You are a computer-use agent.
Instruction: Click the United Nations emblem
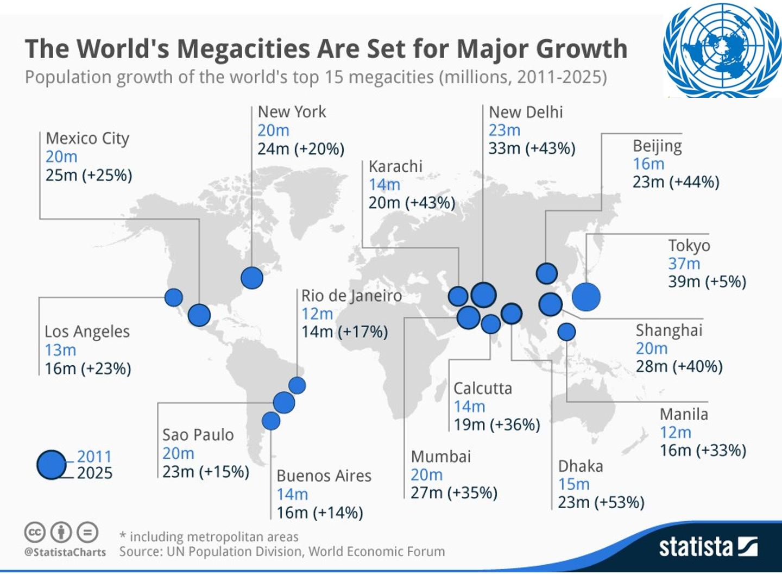click(722, 50)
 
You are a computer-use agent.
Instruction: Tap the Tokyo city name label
click(689, 246)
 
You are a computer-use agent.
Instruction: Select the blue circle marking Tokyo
click(586, 297)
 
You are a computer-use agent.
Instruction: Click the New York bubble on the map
click(252, 278)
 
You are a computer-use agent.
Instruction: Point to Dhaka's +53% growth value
click(622, 502)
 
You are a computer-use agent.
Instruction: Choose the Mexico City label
click(87, 139)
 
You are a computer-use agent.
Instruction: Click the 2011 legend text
click(94, 457)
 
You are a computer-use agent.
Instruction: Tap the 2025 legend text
click(94, 473)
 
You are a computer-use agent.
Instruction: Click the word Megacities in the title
click(243, 49)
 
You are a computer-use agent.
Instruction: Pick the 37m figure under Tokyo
click(684, 264)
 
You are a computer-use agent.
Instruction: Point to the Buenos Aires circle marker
click(271, 421)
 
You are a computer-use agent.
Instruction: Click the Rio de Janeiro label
click(352, 296)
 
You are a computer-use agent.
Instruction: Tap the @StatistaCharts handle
click(65, 552)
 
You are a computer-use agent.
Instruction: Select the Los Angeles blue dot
click(173, 297)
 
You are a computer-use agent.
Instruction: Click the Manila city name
click(684, 415)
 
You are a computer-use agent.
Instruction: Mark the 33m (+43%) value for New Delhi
click(532, 148)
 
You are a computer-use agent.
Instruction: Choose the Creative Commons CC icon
click(35, 533)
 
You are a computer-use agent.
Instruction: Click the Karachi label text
click(395, 166)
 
